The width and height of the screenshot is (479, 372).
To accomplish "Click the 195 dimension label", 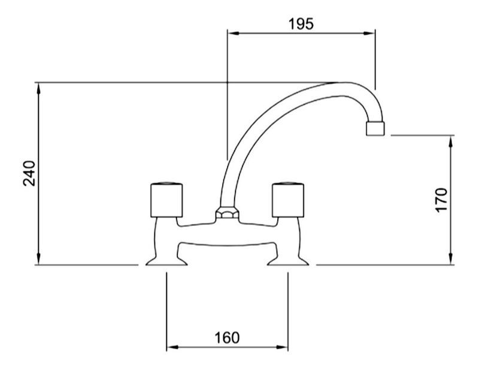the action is [301, 24].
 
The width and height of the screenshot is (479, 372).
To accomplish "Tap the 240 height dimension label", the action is [29, 173].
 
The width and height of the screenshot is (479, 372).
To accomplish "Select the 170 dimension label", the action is [441, 200].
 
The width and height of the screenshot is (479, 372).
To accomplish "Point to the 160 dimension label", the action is [227, 338].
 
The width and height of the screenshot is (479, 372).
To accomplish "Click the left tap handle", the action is [167, 200].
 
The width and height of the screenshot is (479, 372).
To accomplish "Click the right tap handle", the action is [288, 200].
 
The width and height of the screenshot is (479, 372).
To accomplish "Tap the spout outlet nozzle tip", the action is [375, 128].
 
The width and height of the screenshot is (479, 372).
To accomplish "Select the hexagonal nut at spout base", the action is [227, 213].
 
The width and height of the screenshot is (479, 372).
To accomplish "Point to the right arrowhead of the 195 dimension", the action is [369, 34].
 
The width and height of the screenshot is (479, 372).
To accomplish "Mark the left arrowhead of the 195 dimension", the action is [234, 34].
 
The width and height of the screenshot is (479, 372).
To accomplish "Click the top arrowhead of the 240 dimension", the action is [38, 89].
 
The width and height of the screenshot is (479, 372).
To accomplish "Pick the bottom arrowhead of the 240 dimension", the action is [38, 259].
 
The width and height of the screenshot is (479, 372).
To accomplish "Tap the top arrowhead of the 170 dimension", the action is [451, 141].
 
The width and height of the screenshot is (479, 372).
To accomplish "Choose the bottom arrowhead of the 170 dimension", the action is [451, 259].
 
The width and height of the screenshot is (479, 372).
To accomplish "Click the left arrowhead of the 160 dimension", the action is [172, 347].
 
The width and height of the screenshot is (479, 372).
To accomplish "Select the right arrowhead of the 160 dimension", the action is [281, 347].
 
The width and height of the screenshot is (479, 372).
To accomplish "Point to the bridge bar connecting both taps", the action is [227, 234].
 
